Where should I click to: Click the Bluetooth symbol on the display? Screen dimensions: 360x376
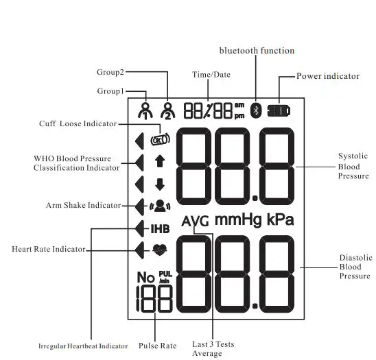(256, 110)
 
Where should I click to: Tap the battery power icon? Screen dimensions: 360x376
(278, 110)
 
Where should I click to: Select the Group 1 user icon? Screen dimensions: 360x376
(144, 110)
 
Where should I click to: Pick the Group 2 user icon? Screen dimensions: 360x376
(167, 110)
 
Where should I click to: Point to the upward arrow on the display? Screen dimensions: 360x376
(160, 162)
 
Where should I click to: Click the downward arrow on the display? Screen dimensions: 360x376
(160, 184)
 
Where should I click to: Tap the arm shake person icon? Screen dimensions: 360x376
(160, 205)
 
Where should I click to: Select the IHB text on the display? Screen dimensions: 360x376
(160, 228)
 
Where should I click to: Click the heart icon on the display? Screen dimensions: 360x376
(160, 250)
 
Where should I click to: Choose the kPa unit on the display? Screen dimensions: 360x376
(279, 220)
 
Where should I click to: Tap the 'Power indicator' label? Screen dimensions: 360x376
(327, 76)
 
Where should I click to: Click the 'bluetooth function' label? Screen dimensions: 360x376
(257, 51)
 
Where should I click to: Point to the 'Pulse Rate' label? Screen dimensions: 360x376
(157, 346)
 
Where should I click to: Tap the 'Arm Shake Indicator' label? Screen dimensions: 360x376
(83, 205)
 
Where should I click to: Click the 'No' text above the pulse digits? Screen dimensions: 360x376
(145, 277)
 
